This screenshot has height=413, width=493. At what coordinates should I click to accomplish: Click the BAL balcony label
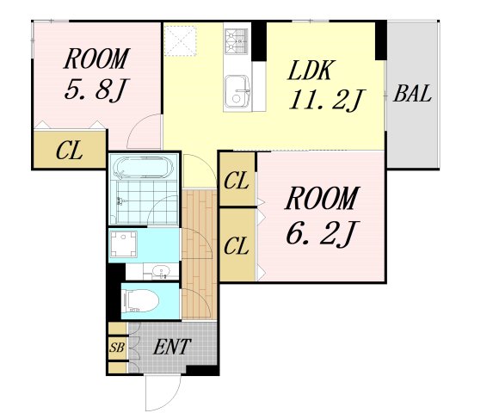pyautogui.click(x=412, y=93)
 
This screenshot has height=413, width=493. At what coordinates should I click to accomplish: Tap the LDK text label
pyautogui.click(x=310, y=70)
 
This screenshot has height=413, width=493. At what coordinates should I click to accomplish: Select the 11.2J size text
pyautogui.click(x=326, y=100)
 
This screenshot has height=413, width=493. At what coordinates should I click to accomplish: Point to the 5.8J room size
pyautogui.click(x=97, y=89)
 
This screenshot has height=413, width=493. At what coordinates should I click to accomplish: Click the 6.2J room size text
pyautogui.click(x=323, y=233)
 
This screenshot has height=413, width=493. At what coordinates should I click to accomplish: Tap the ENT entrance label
pyautogui.click(x=172, y=347)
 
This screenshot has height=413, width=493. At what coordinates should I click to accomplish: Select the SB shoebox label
pyautogui.click(x=117, y=348)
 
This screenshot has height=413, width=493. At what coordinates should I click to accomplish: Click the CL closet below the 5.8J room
pyautogui.click(x=70, y=151)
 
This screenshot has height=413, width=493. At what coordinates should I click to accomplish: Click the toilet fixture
pyautogui.click(x=141, y=300)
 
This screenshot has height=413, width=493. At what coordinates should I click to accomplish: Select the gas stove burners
pyautogui.click(x=237, y=40)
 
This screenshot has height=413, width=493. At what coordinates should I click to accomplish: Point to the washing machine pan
pyautogui.click(x=124, y=244)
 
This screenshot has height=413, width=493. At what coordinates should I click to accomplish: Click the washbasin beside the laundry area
pyautogui.click(x=161, y=271)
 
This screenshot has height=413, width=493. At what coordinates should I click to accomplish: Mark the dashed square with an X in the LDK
pyautogui.click(x=181, y=40)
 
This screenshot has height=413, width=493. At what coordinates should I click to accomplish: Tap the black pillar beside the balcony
pyautogui.click(x=381, y=40)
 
